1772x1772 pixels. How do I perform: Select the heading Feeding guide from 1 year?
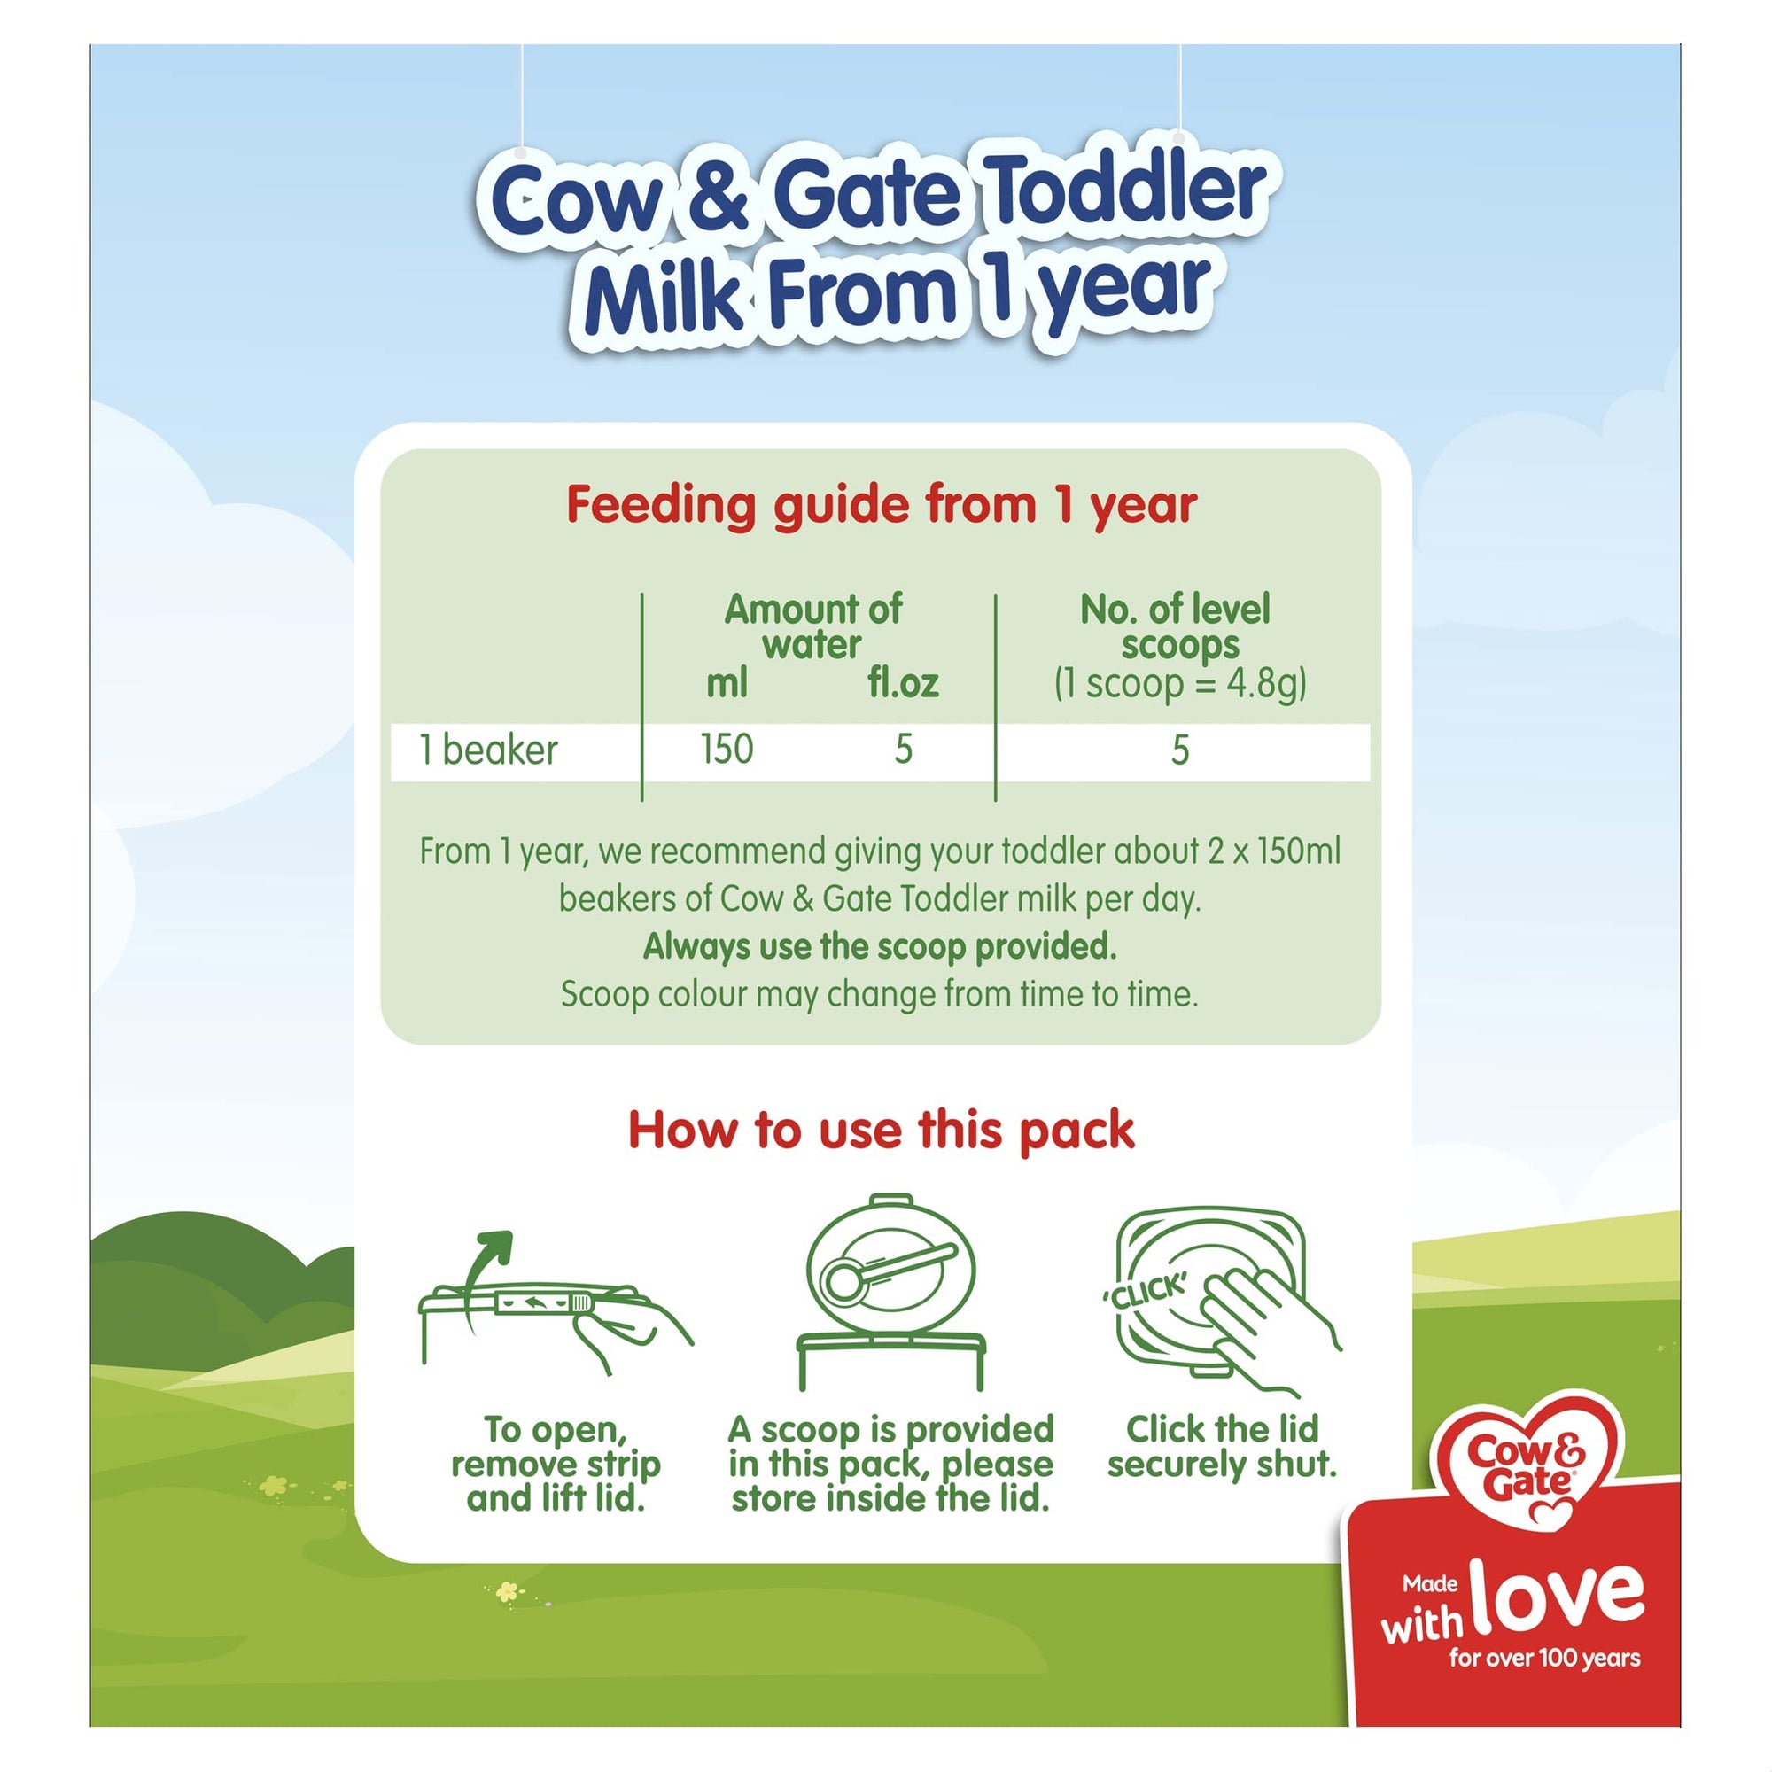pyautogui.click(x=882, y=505)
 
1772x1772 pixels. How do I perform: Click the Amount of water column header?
pyautogui.click(x=812, y=626)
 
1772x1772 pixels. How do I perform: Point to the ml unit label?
pyautogui.click(x=727, y=683)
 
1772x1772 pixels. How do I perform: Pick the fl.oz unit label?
pyautogui.click(x=903, y=683)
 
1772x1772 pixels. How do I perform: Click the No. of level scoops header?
pyautogui.click(x=1179, y=626)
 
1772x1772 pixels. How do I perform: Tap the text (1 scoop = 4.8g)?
pyautogui.click(x=1179, y=684)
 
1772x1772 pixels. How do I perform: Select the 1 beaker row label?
pyautogui.click(x=488, y=750)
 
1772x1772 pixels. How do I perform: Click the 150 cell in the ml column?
pyautogui.click(x=727, y=750)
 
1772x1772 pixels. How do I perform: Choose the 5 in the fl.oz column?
pyautogui.click(x=904, y=750)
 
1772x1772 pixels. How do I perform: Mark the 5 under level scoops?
pyautogui.click(x=1180, y=751)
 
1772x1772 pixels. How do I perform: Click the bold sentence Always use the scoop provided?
pyautogui.click(x=881, y=946)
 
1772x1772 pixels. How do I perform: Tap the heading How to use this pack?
pyautogui.click(x=882, y=1130)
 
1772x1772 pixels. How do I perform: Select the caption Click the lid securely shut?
pyautogui.click(x=1222, y=1447)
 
